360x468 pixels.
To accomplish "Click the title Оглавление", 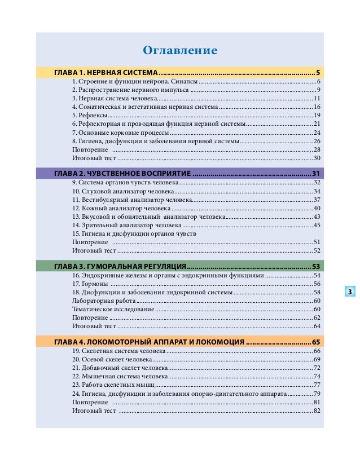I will [180, 51].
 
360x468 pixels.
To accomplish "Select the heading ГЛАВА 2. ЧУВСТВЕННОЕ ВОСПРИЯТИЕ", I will [123, 173].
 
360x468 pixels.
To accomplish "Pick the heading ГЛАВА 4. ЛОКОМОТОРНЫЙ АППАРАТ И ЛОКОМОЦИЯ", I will [149, 342].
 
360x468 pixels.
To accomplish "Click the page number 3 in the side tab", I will [350, 292].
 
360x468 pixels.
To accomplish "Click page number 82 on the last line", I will [317, 410].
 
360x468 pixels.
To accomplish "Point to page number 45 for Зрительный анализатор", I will [317, 225].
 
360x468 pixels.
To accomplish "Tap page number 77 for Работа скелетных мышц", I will [317, 385].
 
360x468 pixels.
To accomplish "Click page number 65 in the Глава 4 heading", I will [315, 342].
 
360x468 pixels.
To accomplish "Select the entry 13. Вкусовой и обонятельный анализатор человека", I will [149, 217].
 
